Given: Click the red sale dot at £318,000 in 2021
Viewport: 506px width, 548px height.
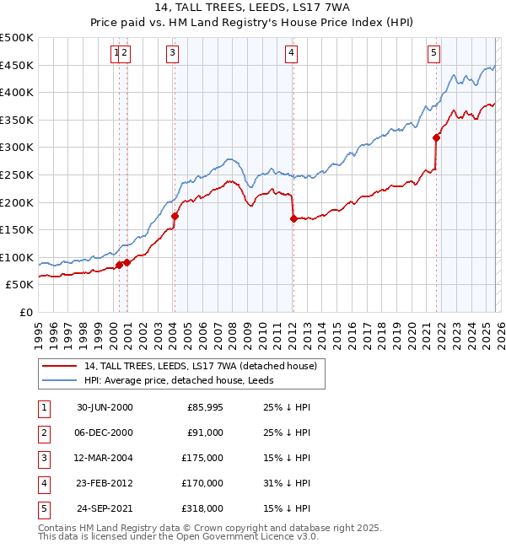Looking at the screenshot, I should click(x=436, y=137).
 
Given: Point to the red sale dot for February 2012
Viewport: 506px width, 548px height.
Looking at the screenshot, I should click(x=293, y=218).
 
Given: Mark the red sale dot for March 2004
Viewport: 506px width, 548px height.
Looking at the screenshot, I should click(x=175, y=216).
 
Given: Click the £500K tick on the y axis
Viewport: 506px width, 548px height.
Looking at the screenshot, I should click(x=17, y=38).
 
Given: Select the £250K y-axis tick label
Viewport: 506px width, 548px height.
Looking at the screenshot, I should click(x=17, y=175).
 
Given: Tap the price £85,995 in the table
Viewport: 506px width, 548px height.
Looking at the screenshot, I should click(x=204, y=407).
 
